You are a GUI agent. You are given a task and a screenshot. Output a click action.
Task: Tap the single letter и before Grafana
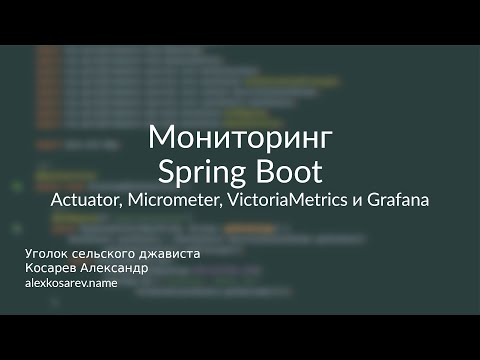[355, 201]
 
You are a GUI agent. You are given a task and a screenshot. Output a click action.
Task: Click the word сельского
[107, 254]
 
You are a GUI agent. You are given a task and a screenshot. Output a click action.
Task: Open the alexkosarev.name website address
[71, 284]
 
